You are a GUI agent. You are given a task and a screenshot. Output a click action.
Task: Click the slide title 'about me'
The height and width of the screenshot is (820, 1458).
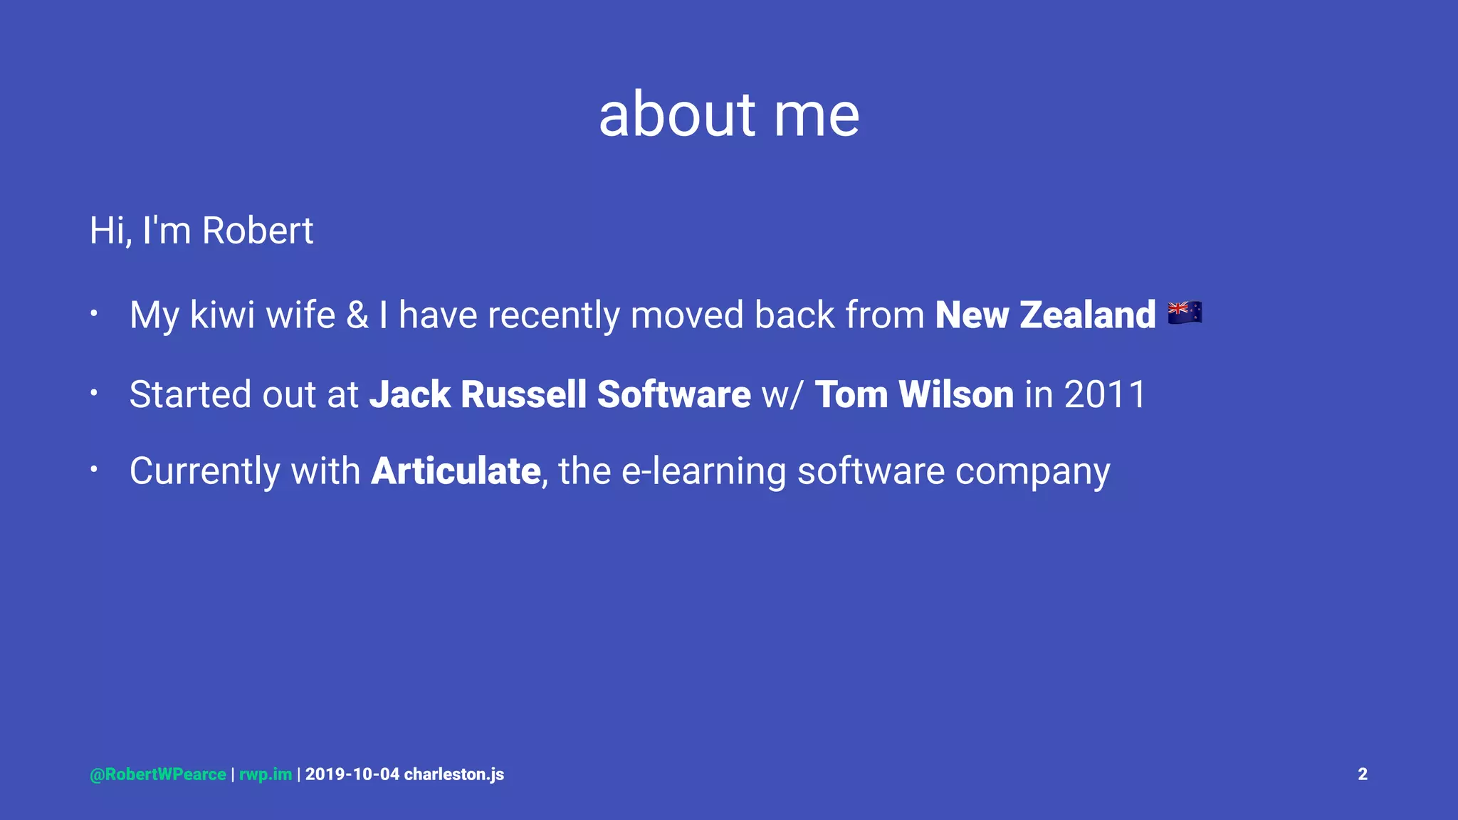729,115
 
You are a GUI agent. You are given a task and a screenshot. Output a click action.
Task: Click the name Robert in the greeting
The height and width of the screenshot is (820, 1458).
257,231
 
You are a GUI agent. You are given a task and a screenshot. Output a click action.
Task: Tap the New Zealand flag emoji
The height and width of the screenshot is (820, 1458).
1185,312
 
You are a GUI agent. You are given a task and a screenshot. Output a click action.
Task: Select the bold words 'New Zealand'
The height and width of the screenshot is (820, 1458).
1045,315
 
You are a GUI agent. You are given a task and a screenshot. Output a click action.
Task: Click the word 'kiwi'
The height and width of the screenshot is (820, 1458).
222,315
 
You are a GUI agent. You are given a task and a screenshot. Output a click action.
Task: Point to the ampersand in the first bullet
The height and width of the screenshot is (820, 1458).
357,315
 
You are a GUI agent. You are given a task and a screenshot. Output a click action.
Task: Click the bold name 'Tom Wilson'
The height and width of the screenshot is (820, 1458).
914,394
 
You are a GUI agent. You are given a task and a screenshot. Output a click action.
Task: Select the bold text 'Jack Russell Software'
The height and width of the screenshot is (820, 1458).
560,394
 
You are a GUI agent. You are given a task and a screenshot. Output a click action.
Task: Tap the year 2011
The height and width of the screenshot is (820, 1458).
1105,394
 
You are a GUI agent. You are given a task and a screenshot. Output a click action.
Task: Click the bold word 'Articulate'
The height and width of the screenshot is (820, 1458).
456,471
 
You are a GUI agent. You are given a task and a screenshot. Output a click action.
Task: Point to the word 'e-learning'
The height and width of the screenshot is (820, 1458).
703,471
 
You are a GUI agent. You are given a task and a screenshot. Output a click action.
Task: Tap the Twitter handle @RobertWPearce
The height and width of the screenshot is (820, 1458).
158,774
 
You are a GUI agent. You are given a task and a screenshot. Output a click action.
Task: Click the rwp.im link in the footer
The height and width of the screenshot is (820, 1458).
266,774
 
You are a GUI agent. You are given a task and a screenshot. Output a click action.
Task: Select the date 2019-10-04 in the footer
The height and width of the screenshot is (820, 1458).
352,774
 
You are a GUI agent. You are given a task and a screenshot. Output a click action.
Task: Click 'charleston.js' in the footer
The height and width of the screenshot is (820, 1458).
454,774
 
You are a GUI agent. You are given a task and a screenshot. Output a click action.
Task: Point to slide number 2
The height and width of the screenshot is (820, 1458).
1362,774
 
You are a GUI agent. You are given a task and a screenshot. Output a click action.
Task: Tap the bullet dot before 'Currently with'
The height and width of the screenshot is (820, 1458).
93,468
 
